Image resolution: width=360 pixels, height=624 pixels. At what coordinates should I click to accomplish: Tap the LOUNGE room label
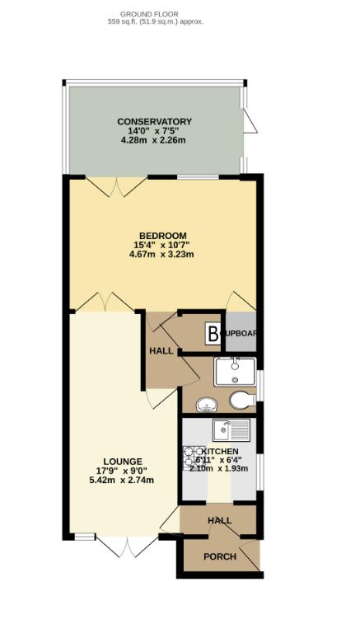coord(123,461)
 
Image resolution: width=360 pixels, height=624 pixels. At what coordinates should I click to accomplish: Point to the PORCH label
coord(220,557)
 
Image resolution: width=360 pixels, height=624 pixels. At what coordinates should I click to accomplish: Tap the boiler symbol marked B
coord(213,334)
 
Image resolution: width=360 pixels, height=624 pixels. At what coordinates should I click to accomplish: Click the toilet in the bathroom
coord(241,401)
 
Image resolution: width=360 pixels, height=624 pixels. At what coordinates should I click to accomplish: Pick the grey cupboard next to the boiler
coord(241,333)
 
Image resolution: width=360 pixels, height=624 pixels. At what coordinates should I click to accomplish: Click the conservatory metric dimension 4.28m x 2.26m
coord(153,141)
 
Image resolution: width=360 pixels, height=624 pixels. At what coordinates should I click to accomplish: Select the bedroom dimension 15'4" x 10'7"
coord(161,245)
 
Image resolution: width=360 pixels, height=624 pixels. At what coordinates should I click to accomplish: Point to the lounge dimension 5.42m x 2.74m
coord(123,481)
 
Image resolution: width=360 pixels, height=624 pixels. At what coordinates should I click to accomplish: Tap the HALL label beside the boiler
coord(160,350)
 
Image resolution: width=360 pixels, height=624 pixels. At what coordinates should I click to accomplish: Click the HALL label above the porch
coord(219,521)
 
